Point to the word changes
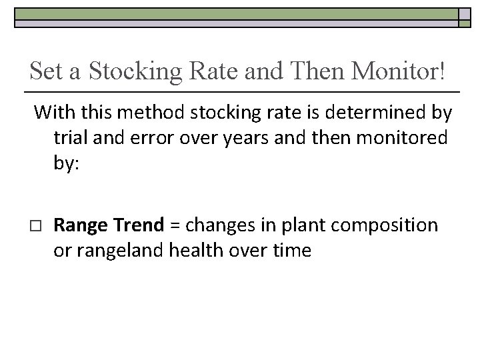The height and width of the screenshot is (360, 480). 213,225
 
